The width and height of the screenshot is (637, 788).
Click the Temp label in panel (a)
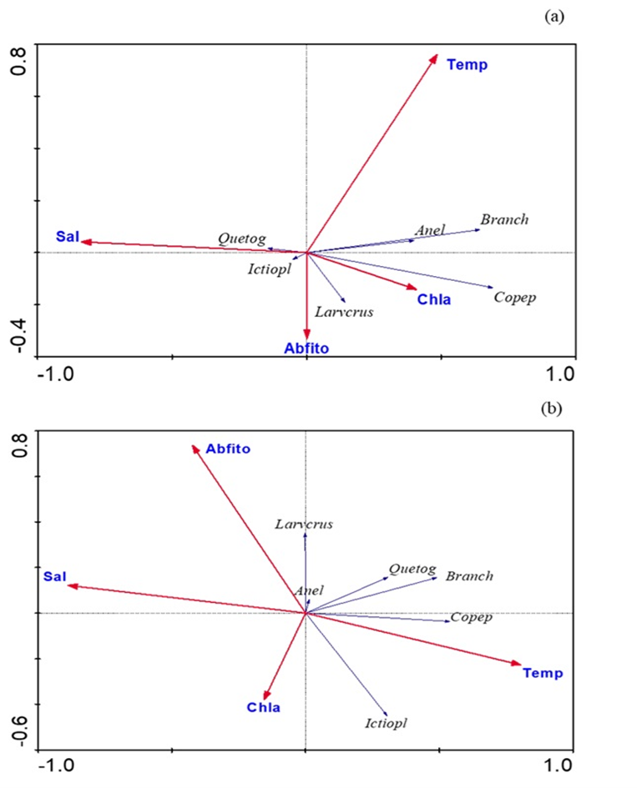point(467,65)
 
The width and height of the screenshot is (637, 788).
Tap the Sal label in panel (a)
point(67,237)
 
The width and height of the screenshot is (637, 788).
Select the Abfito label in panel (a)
point(306,349)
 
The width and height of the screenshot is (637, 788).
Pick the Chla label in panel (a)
point(434,299)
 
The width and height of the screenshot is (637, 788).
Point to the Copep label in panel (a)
point(514,297)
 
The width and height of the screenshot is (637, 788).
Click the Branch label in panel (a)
point(504,220)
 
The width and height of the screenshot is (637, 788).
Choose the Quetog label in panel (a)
point(242,238)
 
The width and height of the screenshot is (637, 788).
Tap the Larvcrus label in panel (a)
point(344,313)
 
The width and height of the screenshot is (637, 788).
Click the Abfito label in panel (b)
point(228,449)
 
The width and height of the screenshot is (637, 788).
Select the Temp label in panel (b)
point(543,673)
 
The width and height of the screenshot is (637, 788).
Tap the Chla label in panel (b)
point(263,708)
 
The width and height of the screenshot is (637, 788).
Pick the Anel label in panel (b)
point(309,590)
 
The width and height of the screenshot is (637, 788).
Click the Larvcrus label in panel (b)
point(304,524)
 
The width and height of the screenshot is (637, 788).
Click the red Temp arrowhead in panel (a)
point(435,58)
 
